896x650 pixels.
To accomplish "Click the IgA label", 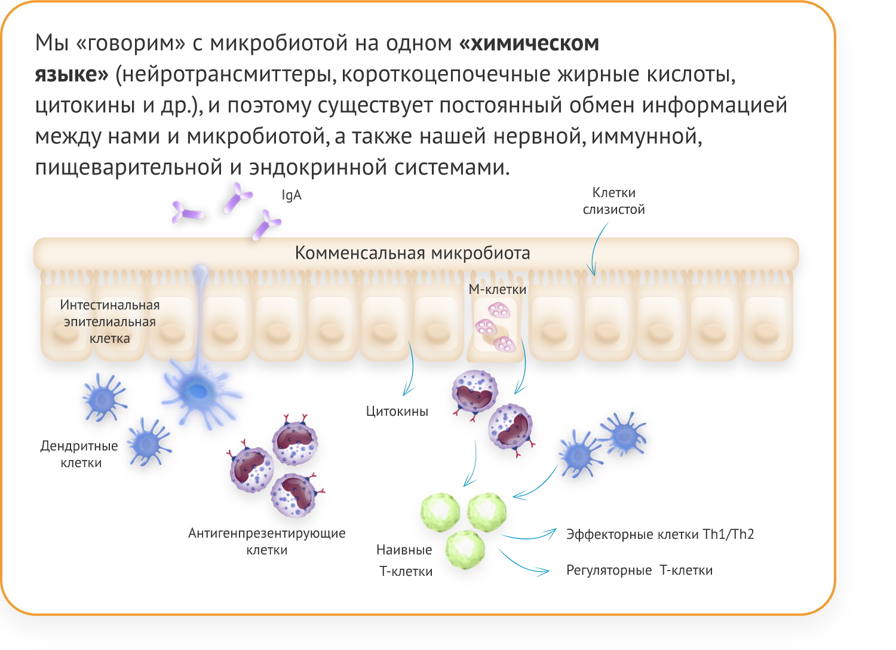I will pos(291,195).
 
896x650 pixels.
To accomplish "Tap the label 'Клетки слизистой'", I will pos(613,201).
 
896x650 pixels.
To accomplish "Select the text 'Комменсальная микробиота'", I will pos(412,253).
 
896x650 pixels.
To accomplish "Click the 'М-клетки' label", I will pos(497,290).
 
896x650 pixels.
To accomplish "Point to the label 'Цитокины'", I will pos(397,412).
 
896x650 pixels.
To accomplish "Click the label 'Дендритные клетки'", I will pos(79,454).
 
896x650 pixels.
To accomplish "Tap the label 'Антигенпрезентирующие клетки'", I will pos(266,541).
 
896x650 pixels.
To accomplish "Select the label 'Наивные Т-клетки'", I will pos(405,560).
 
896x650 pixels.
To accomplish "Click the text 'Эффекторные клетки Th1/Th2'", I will pos(659,534).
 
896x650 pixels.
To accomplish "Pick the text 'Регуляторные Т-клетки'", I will pos(639,571).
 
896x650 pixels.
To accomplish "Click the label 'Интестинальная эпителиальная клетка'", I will pos(110,321).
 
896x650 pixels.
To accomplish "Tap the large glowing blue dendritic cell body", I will pos(196,391).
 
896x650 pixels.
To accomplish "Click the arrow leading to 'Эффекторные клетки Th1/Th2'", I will pos(529,536).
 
